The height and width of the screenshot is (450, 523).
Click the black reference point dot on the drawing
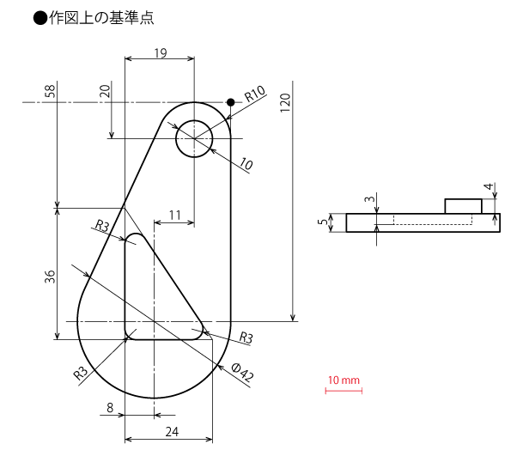[x=230, y=102]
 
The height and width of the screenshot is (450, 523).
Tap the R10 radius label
[x=255, y=94]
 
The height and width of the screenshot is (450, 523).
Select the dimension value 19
[x=161, y=52]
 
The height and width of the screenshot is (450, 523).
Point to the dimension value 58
[x=50, y=91]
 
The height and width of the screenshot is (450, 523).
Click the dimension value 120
[x=285, y=103]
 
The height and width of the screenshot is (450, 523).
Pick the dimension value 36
[x=50, y=277]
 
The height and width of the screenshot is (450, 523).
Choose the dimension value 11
[x=175, y=216]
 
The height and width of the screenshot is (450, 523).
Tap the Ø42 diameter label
[x=243, y=372]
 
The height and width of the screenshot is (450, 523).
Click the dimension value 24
[x=172, y=432]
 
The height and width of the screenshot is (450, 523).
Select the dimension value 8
[x=110, y=408]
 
